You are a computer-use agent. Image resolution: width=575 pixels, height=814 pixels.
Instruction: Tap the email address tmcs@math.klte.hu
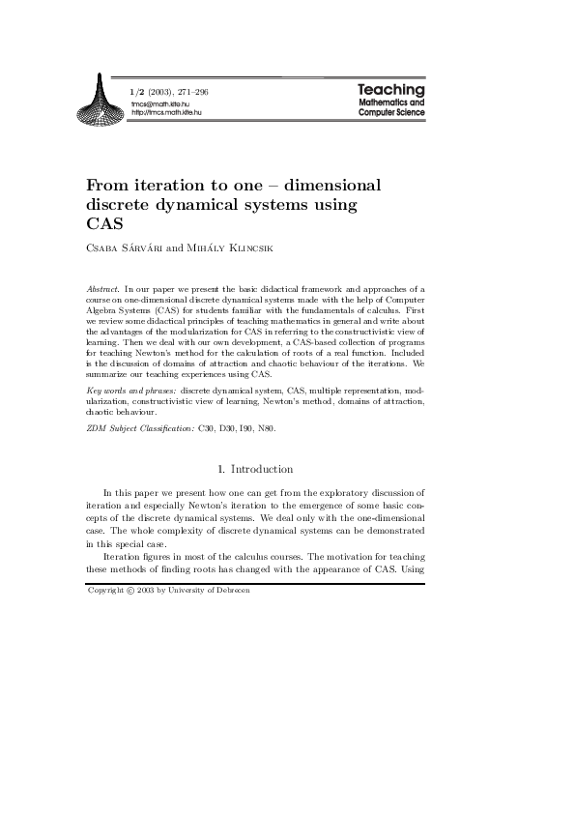[159, 103]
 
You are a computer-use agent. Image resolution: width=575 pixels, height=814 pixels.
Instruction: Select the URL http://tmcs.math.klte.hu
[166, 113]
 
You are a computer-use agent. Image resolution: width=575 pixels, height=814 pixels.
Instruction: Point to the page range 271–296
[192, 92]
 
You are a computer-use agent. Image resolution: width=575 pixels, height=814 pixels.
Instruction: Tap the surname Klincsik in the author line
[247, 247]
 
